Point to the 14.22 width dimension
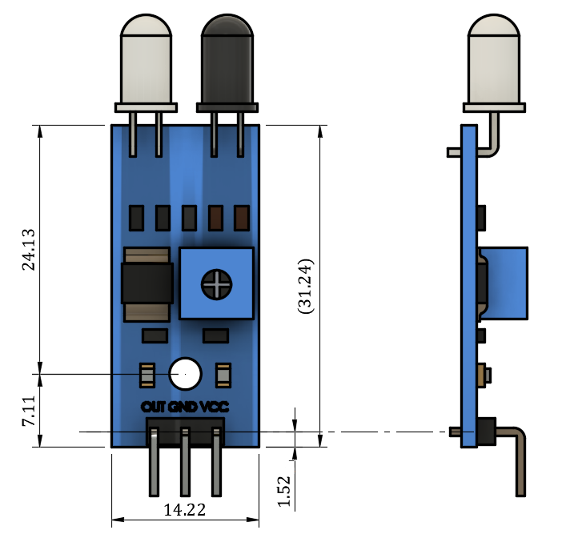coord(184,509)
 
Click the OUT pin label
coord(153,406)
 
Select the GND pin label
coord(184,406)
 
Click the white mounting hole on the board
coord(186,372)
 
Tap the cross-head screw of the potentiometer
coord(216,283)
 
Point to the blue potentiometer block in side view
coord(508,283)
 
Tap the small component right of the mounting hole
coord(222,373)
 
